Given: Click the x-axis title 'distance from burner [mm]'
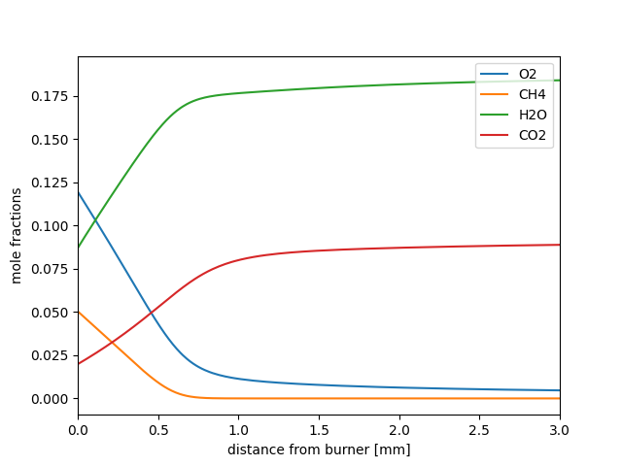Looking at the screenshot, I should click(319, 449).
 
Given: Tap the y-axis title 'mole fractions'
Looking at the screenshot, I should click(17, 237).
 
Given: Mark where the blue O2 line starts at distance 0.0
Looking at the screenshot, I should click(78, 191).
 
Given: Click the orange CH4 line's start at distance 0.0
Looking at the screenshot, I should click(78, 312).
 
